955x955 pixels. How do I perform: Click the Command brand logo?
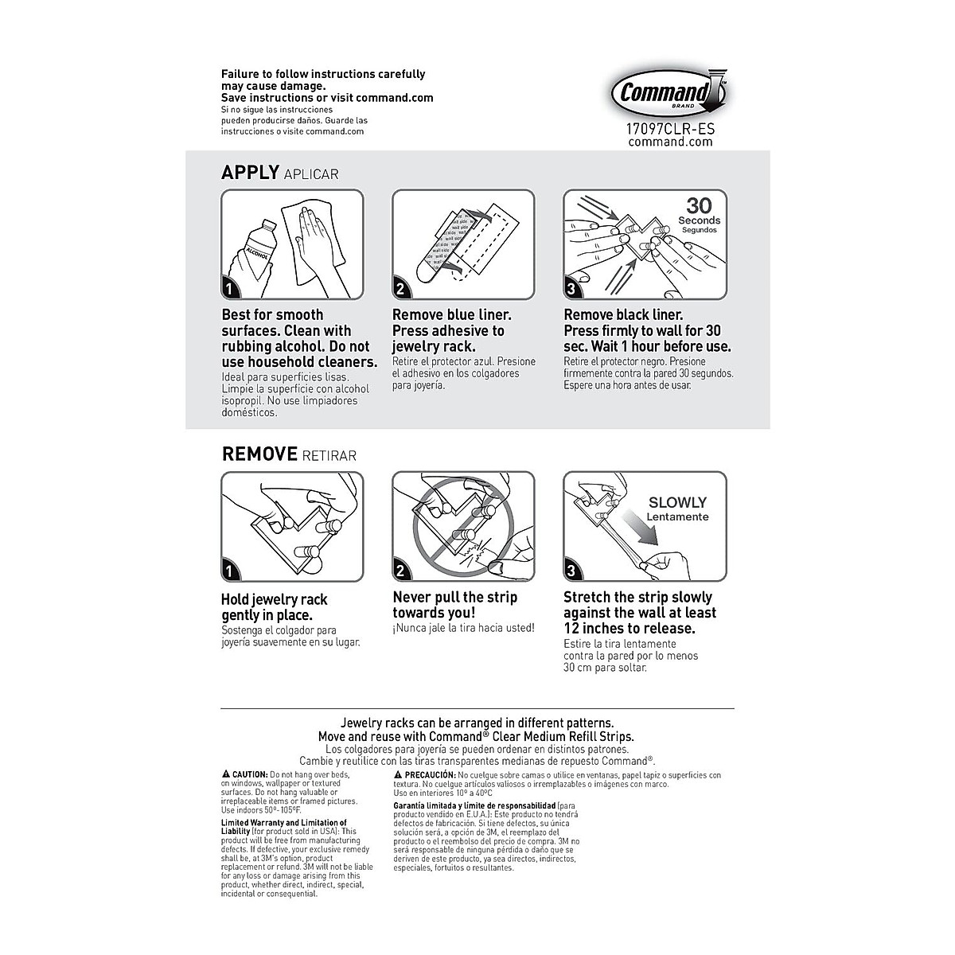coord(670,93)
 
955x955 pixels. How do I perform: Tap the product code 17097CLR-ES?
coord(670,127)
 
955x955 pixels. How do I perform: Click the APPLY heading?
coord(250,173)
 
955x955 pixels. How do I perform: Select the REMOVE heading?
coord(259,454)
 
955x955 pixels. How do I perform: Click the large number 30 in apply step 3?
coord(699,205)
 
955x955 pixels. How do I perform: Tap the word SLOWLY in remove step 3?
coord(677,502)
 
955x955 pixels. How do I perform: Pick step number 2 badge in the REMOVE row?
coord(400,571)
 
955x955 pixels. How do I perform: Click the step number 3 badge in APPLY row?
coord(572,289)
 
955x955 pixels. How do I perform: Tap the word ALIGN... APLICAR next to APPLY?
coord(311,174)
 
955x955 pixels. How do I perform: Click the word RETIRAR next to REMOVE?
coord(329,456)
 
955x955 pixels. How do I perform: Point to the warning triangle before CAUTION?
coord(226,774)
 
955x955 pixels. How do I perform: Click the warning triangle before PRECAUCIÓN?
coord(398,774)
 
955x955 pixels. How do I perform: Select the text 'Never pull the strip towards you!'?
coord(454,605)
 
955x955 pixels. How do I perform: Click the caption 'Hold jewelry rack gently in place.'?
coord(275,607)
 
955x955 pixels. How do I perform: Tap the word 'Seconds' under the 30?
coord(699,220)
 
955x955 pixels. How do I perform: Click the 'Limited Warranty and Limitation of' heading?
coord(283,823)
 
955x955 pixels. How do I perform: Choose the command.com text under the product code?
coord(670,142)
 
